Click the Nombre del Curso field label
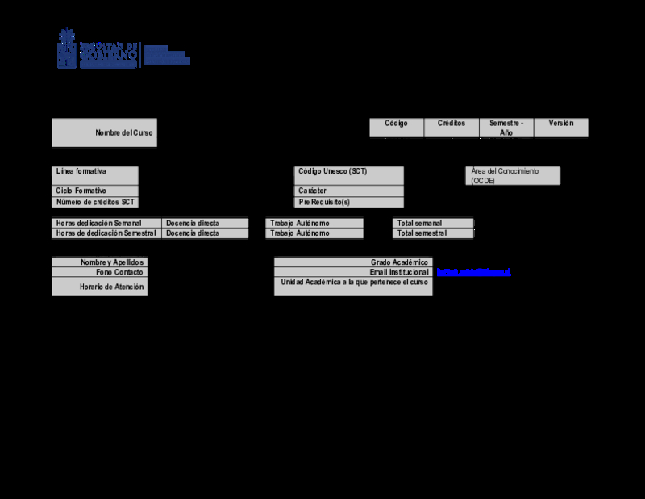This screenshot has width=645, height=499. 123,132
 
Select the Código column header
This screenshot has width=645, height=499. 396,124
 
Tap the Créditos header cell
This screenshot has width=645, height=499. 451,124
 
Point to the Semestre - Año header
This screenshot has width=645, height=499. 506,128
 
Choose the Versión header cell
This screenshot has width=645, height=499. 561,124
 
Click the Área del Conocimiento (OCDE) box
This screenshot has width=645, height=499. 513,176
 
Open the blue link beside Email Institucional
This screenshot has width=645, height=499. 473,272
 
